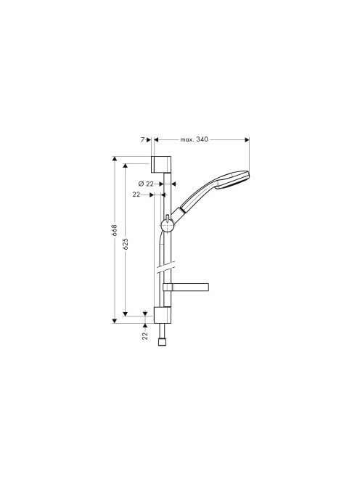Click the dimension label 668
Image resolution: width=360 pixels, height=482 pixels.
pos(115,230)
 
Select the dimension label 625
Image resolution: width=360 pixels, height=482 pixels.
pos(125,243)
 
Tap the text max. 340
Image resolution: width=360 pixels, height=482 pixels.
pos(194,139)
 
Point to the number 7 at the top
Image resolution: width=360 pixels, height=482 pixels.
pos(143,140)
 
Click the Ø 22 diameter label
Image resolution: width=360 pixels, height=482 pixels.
pos(146,184)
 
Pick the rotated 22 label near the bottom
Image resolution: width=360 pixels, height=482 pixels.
pos(145,335)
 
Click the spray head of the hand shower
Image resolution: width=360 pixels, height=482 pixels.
pos(233,179)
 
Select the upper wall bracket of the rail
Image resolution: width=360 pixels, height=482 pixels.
pos(161,165)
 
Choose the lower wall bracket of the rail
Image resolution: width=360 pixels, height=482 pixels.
pos(162,315)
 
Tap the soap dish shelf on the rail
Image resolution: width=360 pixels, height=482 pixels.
pos(186,287)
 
